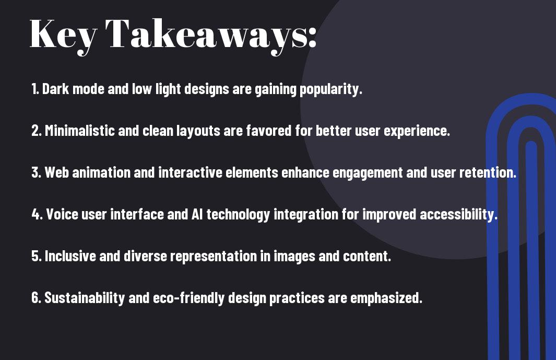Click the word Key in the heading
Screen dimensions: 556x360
[63, 36]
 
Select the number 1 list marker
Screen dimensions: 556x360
[35, 89]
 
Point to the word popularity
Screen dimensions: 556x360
[331, 89]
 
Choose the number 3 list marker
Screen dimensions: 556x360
[36, 172]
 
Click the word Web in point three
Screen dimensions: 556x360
[56, 172]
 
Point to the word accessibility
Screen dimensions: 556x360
[459, 214]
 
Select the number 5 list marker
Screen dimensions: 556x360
[36, 256]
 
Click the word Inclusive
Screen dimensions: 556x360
[70, 256]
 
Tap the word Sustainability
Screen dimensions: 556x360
[85, 297]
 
